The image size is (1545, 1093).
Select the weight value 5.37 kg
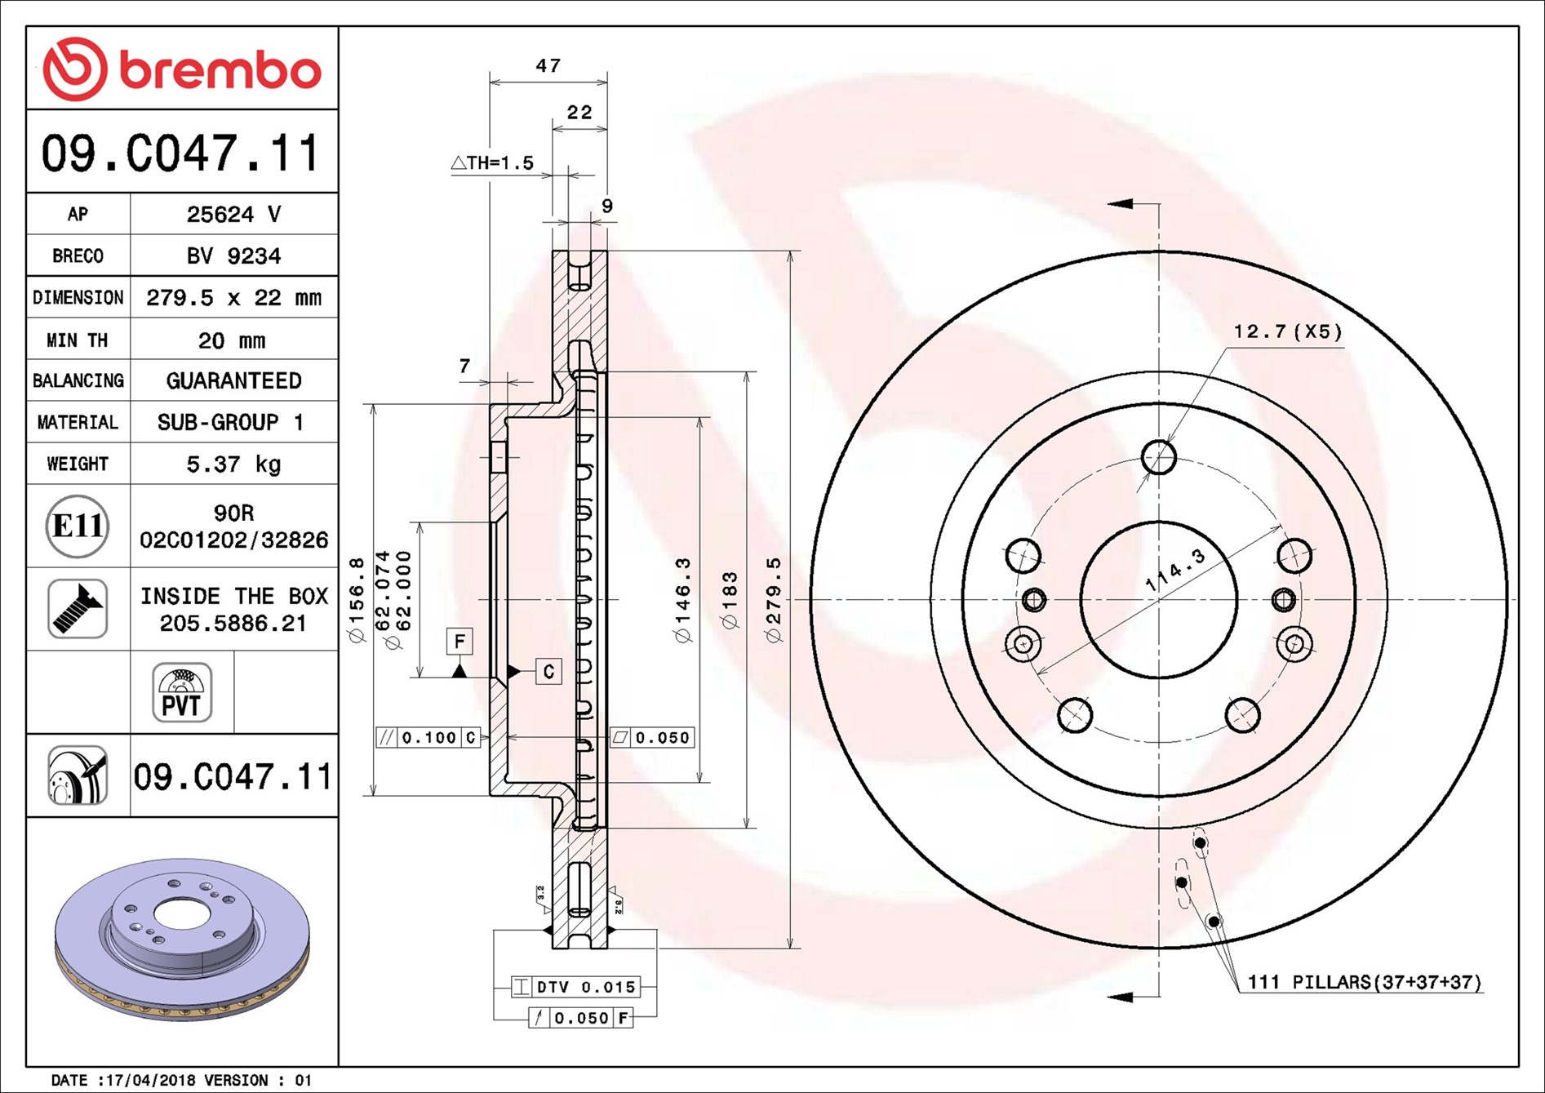click(233, 464)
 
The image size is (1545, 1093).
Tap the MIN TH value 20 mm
click(232, 340)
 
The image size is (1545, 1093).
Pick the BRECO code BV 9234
click(233, 255)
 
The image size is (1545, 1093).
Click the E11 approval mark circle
click(78, 526)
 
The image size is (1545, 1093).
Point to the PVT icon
click(182, 692)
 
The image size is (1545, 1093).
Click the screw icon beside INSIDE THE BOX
click(78, 609)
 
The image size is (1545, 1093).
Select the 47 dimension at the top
click(548, 65)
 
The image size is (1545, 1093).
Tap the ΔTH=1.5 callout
click(492, 162)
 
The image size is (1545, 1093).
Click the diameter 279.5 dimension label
click(773, 600)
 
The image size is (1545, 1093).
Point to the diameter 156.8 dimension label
click(357, 600)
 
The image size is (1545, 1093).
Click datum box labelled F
click(460, 641)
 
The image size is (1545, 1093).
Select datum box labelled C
click(548, 671)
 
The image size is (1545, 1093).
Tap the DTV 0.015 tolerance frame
click(575, 987)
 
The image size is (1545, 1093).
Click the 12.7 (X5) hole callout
click(1288, 331)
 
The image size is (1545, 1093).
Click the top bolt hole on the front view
click(1158, 457)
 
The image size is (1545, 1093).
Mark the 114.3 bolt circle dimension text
click(1175, 570)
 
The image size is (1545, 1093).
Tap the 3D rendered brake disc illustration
click(183, 939)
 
